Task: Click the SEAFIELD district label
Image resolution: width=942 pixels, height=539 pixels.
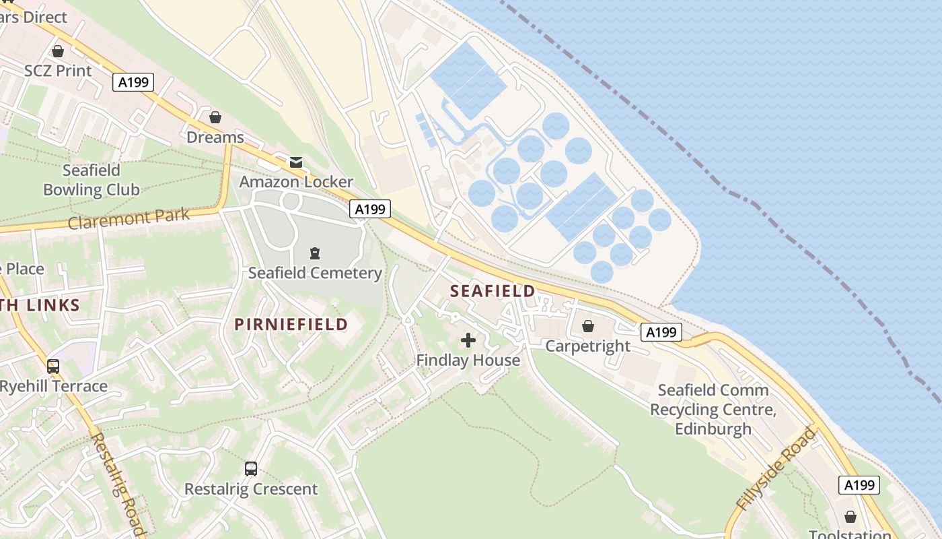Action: click(x=493, y=291)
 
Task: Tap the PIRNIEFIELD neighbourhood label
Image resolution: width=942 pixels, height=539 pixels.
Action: click(x=291, y=324)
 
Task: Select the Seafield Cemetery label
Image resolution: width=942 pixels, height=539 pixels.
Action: click(x=315, y=273)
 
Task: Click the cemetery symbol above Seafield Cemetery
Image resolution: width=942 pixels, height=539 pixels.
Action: click(x=314, y=253)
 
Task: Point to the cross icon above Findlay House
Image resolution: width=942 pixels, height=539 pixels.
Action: click(x=468, y=340)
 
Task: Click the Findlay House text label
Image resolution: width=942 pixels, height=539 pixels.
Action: click(x=468, y=360)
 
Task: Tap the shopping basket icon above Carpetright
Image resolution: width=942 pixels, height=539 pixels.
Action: click(x=588, y=326)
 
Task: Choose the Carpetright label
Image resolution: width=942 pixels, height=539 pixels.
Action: click(x=587, y=346)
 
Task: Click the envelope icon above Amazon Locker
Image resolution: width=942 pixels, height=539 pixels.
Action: click(x=295, y=162)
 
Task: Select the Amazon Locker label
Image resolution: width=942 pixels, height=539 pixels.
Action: click(x=296, y=182)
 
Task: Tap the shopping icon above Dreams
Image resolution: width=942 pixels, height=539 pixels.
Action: click(x=215, y=117)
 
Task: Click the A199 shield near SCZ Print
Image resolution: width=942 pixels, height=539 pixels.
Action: click(x=133, y=83)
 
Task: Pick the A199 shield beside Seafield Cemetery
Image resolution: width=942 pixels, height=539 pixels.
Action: click(x=370, y=210)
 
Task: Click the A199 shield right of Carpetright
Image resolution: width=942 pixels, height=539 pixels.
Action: click(x=661, y=331)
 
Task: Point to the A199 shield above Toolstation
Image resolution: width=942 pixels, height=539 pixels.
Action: click(x=859, y=484)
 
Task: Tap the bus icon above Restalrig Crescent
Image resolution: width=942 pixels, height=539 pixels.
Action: click(x=251, y=468)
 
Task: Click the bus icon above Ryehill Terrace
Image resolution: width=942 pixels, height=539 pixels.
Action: click(x=53, y=366)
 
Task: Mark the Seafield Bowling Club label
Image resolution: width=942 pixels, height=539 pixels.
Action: click(x=91, y=180)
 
